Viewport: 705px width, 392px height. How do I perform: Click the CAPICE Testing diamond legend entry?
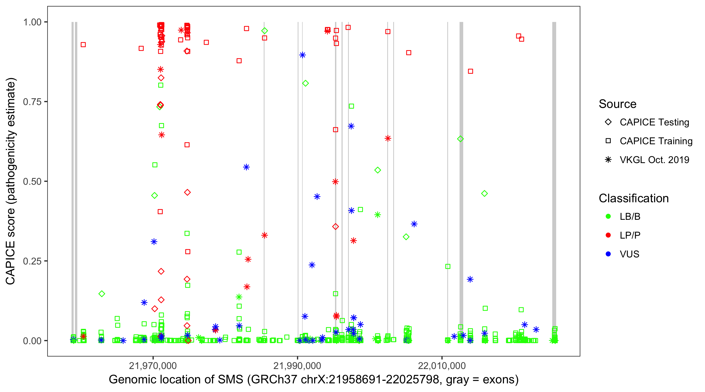(x=654, y=122)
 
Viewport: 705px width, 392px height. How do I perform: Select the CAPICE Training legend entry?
(x=656, y=141)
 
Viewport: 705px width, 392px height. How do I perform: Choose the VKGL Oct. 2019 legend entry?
(x=654, y=160)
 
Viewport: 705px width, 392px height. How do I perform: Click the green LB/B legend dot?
(x=608, y=216)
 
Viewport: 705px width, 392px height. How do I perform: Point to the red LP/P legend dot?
(x=608, y=235)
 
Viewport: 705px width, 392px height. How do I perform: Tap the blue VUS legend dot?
(x=608, y=254)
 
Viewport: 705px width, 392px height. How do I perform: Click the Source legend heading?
(x=618, y=104)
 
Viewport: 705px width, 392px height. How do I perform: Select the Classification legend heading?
(x=633, y=198)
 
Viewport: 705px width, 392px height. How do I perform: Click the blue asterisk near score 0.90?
(x=302, y=55)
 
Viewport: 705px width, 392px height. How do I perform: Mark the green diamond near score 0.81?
(x=305, y=83)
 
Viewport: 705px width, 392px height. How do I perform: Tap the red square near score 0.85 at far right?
(x=471, y=71)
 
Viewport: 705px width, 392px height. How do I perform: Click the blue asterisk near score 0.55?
(x=246, y=167)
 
